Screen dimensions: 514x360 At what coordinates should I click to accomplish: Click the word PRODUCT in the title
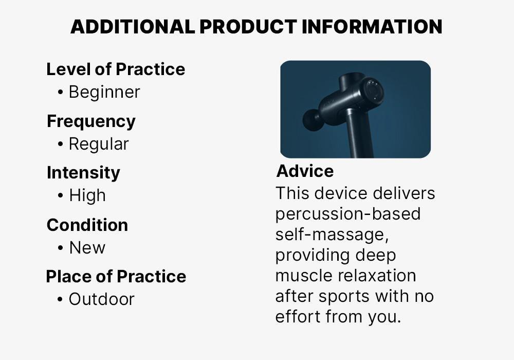coord(248,27)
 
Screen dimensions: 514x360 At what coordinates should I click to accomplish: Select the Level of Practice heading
coord(116,69)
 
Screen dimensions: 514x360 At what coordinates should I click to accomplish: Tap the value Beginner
coord(104,92)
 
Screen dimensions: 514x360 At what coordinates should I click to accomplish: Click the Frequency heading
coord(91,121)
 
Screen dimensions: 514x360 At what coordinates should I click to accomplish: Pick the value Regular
coord(99,144)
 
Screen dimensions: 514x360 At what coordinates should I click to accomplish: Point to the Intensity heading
coord(83,173)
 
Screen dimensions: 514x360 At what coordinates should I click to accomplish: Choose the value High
coord(87,195)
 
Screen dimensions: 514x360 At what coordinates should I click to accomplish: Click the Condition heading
coord(87,225)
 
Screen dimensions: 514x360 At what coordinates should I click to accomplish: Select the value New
coord(87,247)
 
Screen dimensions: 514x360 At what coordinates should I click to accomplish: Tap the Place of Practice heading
coord(116,276)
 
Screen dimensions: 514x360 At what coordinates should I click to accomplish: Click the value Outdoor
coord(102,299)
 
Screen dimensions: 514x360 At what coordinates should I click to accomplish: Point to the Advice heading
coord(305,171)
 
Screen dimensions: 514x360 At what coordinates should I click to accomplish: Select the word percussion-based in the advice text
coord(348,214)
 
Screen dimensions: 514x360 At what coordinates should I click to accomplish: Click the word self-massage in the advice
coord(332,235)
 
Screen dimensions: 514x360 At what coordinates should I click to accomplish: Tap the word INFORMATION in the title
coord(372,27)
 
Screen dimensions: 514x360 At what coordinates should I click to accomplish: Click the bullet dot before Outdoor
coord(60,299)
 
